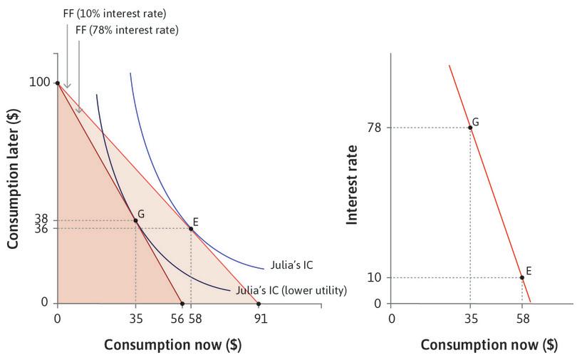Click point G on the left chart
[x=135, y=220]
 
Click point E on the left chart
[x=191, y=229]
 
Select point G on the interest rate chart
[x=470, y=128]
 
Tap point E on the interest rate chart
[x=522, y=277]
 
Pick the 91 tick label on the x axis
[x=261, y=319]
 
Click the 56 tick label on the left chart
[x=177, y=319]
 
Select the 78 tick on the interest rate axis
[x=375, y=128]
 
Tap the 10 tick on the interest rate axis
[x=375, y=277]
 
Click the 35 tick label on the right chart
[x=470, y=319]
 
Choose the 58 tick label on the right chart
[x=522, y=319]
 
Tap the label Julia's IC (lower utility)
[x=291, y=290]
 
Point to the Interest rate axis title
[x=351, y=184]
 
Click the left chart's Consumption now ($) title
[x=172, y=344]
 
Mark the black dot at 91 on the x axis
[x=259, y=304]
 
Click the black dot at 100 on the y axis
[x=57, y=83]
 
